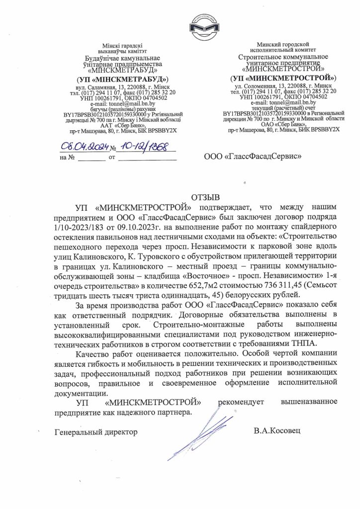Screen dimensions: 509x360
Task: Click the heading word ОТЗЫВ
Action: coord(204,197)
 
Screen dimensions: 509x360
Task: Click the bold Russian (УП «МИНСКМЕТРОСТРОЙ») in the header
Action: coord(283,78)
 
